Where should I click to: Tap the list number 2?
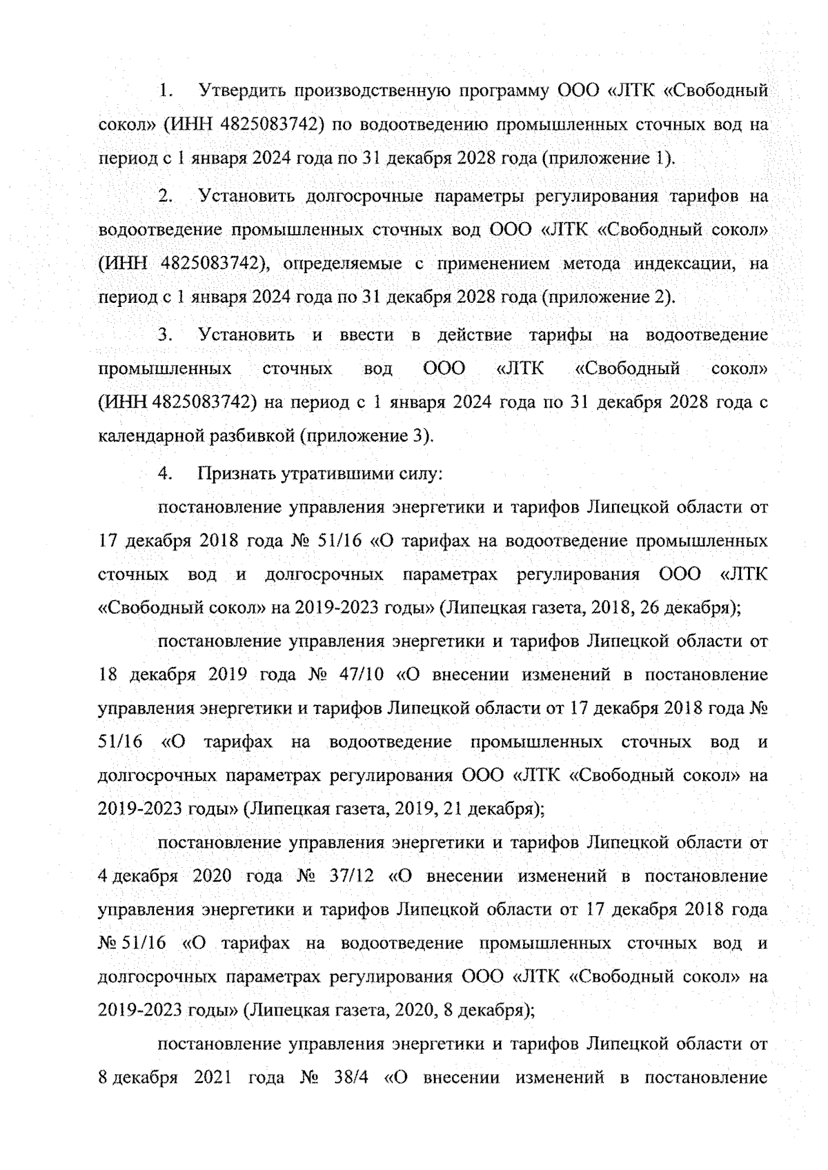pyautogui.click(x=165, y=196)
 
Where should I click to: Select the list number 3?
pyautogui.click(x=165, y=335)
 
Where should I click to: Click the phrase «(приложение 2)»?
pyautogui.click(x=608, y=298)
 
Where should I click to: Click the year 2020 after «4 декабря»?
pyautogui.click(x=212, y=876)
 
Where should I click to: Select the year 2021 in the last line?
pyautogui.click(x=212, y=1078)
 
